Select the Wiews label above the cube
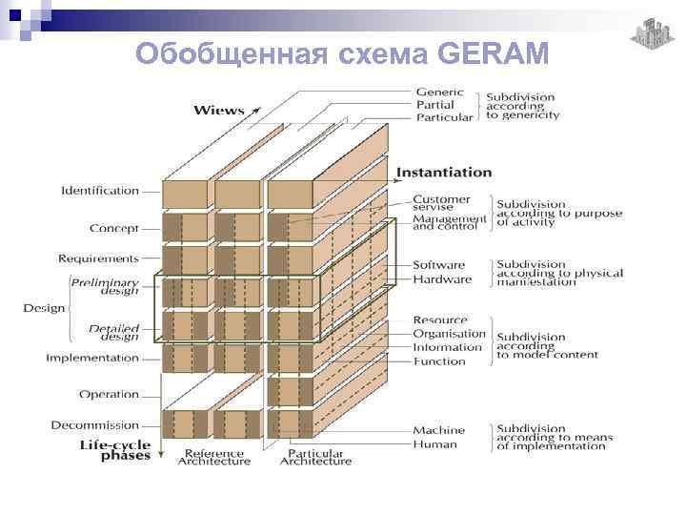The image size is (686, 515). click(219, 111)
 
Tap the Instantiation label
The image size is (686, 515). click(444, 173)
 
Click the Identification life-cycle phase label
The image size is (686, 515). click(100, 191)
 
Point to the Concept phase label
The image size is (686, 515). click(114, 229)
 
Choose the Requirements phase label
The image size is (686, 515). click(98, 258)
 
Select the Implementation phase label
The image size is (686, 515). click(92, 359)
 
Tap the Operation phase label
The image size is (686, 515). click(109, 394)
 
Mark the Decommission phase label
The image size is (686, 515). click(95, 425)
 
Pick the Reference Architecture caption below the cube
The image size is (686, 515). click(214, 457)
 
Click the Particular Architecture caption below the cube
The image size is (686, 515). click(315, 457)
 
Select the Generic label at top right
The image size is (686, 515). click(439, 93)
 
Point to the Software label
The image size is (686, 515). click(438, 265)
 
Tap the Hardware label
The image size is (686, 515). click(441, 279)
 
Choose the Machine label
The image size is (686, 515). click(438, 431)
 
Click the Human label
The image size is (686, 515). click(434, 444)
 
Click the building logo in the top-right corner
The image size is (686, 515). click(650, 35)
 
